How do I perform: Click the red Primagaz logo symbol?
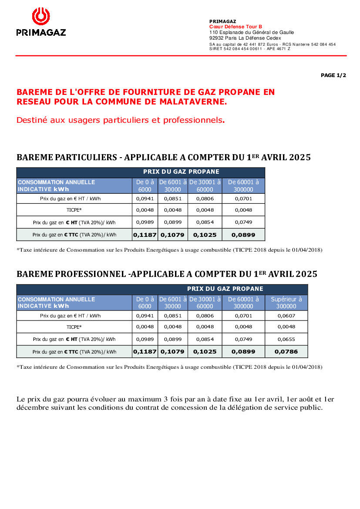[41, 17]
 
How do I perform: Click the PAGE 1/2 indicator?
[333, 75]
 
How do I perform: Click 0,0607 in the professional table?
[286, 316]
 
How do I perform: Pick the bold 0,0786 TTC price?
[286, 351]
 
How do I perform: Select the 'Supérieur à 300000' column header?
[286, 303]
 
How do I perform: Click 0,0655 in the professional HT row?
[286, 339]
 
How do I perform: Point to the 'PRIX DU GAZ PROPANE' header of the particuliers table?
[181, 172]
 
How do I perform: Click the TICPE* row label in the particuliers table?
[74, 210]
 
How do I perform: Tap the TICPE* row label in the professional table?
[74, 327]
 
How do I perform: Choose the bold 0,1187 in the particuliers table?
[145, 235]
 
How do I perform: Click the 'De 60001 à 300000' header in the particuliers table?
[243, 186]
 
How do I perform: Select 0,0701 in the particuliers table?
[243, 199]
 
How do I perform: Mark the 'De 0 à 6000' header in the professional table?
[145, 303]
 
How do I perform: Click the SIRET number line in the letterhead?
[249, 49]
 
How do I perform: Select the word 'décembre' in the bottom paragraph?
[31, 408]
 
